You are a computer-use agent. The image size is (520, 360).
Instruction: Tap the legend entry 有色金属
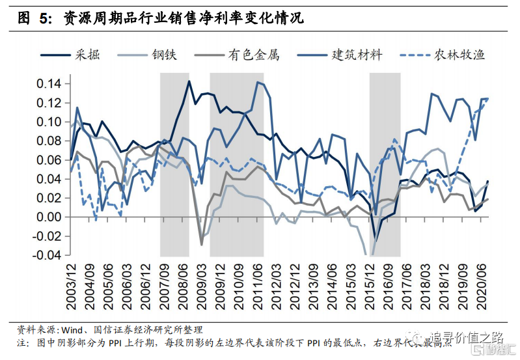pos(253,55)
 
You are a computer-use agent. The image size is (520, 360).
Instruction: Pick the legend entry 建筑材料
pos(356,55)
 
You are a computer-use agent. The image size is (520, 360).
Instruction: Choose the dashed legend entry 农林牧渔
pos(459,55)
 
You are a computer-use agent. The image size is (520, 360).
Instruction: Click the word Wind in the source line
pos(74,329)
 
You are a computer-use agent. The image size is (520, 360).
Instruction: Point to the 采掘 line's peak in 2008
pos(189,81)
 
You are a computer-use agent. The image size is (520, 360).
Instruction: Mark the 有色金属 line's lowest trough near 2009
pos(201,245)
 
